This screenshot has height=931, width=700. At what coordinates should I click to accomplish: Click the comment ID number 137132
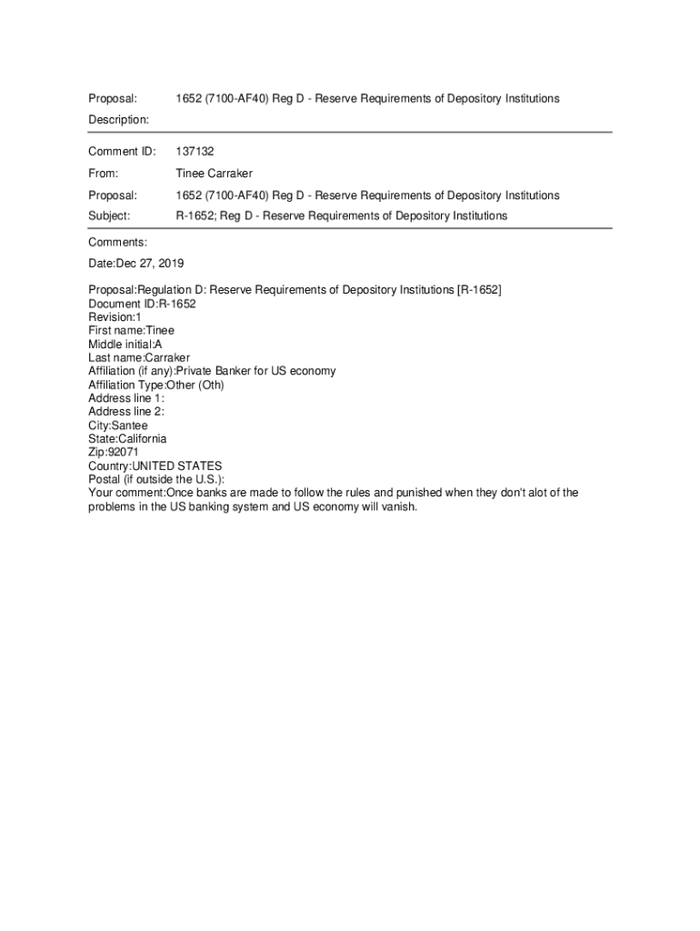195,151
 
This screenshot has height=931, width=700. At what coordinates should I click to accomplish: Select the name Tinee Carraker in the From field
214,173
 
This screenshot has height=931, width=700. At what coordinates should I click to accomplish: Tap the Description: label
118,119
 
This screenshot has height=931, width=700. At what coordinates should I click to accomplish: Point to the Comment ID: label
122,151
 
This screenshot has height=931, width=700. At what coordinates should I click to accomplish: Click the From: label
104,173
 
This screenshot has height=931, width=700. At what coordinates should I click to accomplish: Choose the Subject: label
109,215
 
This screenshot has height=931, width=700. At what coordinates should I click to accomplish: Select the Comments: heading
117,242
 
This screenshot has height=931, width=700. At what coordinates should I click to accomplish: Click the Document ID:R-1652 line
142,304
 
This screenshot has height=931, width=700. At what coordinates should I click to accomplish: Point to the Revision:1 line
115,317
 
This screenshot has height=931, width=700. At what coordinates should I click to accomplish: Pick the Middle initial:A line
125,344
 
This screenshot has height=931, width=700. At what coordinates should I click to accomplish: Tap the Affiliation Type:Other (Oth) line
156,385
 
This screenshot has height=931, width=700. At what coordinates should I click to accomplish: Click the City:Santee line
118,425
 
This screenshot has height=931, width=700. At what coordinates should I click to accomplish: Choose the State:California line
127,438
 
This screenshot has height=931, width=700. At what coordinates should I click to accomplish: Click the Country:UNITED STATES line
155,465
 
